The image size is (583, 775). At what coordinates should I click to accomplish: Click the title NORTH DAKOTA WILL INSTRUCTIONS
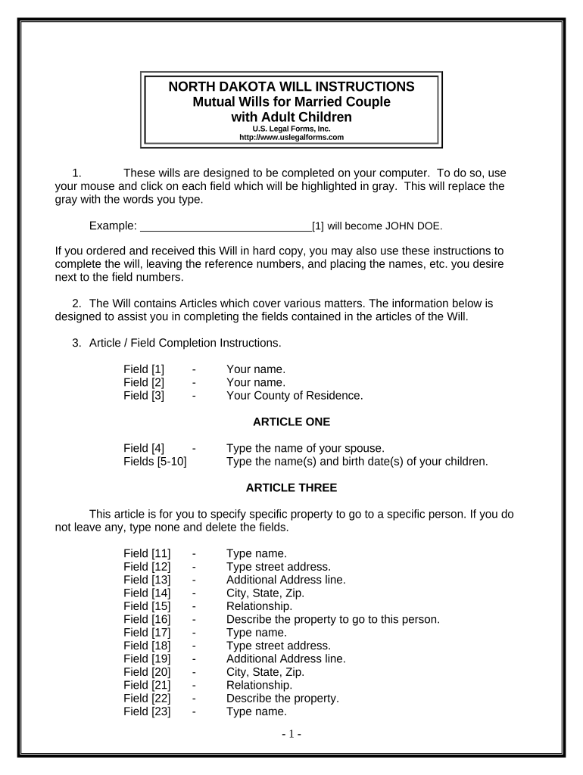291,86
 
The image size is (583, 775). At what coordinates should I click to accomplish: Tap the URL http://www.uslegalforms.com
291,138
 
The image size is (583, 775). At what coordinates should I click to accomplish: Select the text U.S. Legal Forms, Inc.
291,129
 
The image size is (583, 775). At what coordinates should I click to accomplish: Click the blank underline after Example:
226,226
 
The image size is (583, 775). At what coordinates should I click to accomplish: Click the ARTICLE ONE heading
291,422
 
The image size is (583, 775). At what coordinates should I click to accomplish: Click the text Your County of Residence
295,395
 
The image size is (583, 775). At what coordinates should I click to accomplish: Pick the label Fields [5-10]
154,461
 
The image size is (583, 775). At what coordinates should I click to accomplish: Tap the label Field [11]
147,554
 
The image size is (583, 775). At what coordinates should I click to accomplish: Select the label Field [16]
147,619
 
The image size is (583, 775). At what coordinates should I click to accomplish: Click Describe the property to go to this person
332,619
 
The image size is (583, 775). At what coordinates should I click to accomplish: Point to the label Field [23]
147,711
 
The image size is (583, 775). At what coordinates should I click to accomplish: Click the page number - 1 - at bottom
291,735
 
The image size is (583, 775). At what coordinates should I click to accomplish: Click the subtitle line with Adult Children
291,117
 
